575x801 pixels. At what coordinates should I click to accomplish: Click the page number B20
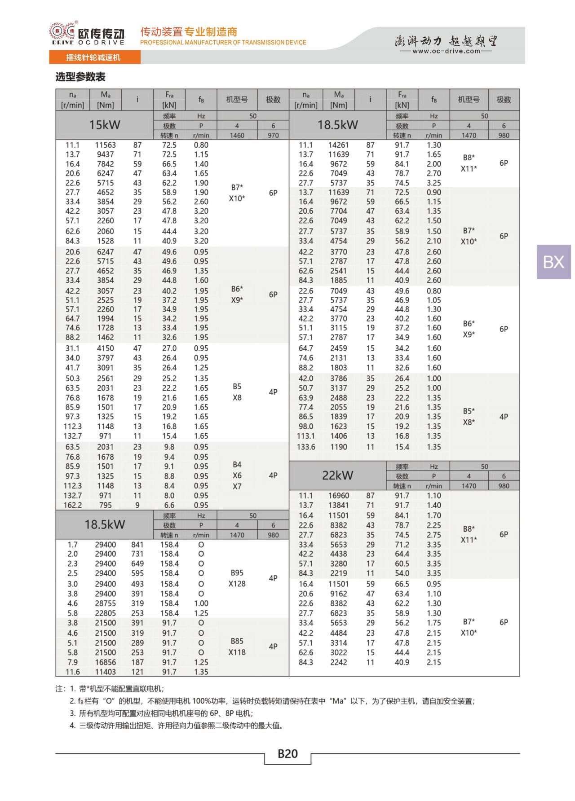click(287, 753)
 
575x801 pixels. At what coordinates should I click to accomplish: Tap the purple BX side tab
click(553, 262)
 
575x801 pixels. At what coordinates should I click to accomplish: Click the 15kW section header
click(104, 125)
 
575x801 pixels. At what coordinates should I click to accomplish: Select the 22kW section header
click(337, 475)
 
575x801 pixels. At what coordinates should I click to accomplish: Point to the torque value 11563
click(106, 145)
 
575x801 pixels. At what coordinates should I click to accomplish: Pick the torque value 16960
click(338, 496)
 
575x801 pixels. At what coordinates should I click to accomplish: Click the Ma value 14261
click(338, 145)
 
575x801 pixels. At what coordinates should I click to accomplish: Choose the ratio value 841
click(137, 545)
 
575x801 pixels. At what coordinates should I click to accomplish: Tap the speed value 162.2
click(73, 505)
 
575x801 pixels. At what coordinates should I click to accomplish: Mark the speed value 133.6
click(306, 447)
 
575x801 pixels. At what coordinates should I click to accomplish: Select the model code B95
click(237, 573)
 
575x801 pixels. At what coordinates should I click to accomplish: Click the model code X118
click(237, 652)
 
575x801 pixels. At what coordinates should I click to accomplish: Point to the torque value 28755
click(106, 603)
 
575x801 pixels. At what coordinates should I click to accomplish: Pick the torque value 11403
click(106, 672)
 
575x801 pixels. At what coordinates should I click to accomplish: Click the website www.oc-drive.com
click(446, 51)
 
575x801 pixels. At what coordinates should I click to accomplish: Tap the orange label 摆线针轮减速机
click(93, 57)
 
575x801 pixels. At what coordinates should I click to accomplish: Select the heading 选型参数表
click(80, 77)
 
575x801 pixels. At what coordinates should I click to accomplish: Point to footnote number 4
click(72, 726)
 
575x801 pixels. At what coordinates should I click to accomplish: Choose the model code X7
click(237, 486)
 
